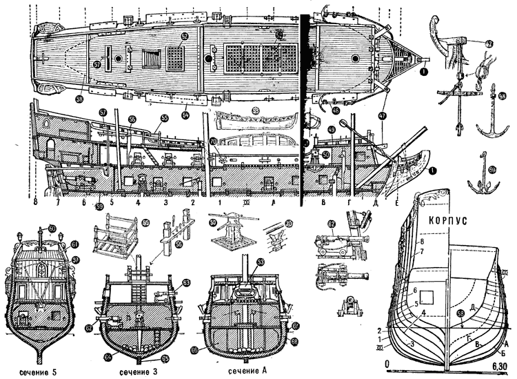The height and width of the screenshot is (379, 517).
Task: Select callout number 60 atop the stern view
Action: (x=52, y=229)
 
